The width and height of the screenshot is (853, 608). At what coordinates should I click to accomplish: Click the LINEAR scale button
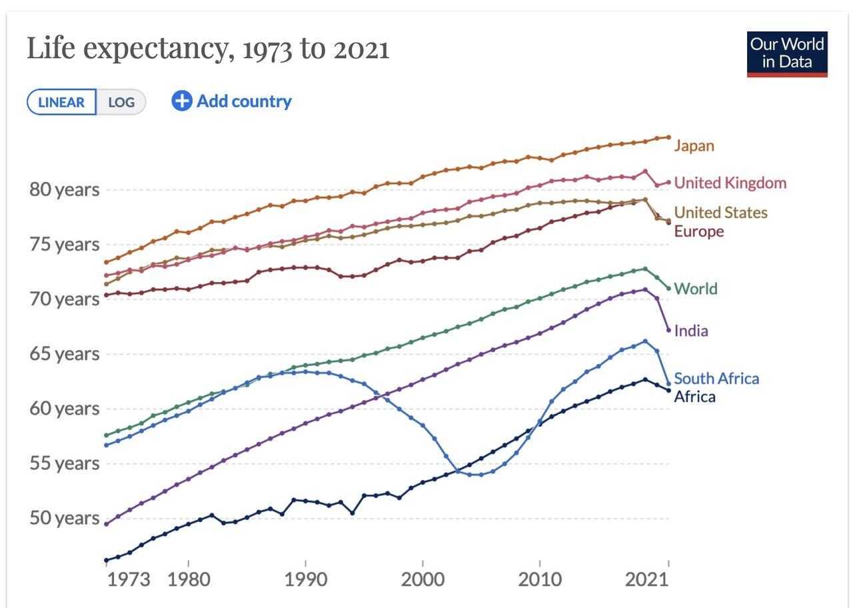61,102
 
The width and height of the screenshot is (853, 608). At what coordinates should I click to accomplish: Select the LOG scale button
121,102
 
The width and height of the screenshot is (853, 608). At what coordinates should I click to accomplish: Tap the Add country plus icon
181,101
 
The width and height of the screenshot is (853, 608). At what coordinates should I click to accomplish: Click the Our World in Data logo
787,54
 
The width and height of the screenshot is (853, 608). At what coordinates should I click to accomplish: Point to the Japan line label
694,145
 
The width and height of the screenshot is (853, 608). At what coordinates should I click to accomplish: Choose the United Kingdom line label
730,183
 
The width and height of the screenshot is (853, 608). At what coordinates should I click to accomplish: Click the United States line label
720,213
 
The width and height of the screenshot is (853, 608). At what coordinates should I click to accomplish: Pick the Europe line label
698,231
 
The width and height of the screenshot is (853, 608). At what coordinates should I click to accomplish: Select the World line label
695,289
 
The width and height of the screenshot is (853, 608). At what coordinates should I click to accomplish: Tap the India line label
690,331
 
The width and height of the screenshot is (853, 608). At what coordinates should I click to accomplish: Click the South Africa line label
716,379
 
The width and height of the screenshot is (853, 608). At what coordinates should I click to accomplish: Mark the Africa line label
694,397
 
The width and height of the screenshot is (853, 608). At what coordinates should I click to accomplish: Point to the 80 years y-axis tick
64,189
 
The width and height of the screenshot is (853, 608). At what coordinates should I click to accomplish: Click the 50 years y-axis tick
64,518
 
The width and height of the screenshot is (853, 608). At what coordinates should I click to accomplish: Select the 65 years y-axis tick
64,353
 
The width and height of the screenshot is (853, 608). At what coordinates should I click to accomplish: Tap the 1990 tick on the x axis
305,579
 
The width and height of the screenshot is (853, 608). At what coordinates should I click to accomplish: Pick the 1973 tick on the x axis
129,579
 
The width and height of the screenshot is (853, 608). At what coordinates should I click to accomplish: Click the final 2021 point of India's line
668,330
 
